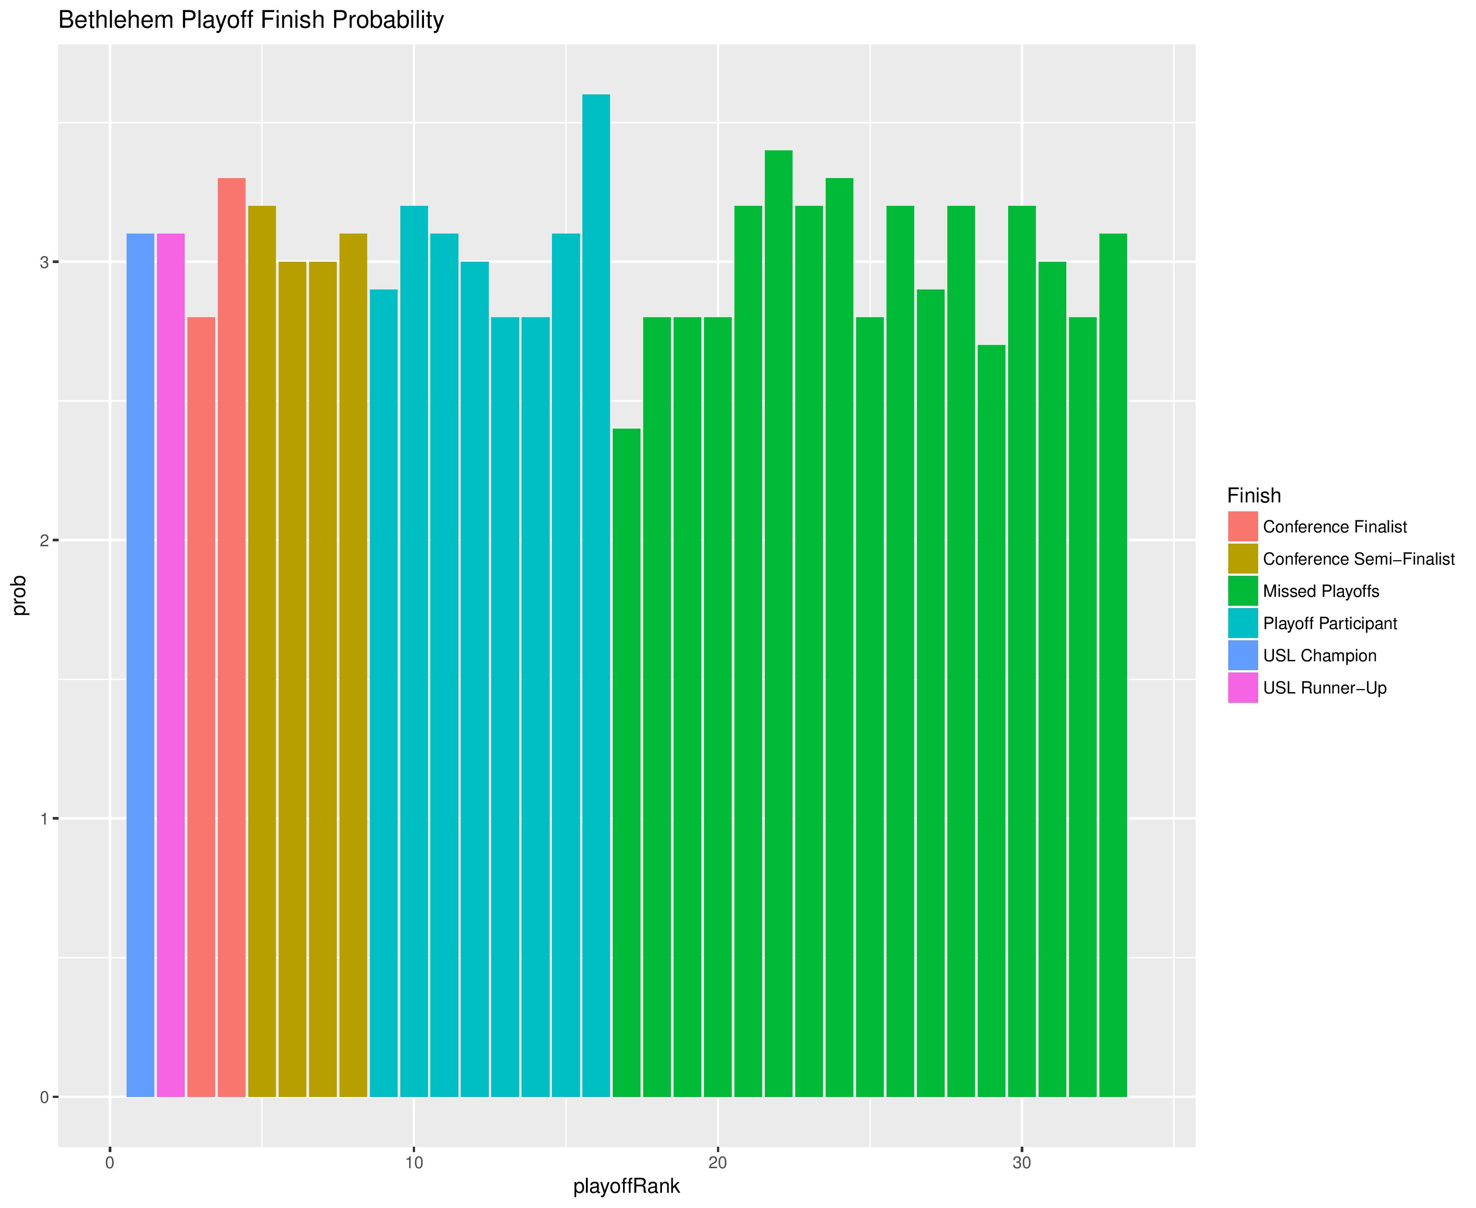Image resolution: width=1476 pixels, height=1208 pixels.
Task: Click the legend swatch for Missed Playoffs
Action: click(1242, 591)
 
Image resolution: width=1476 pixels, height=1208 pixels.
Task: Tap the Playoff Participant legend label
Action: click(1329, 624)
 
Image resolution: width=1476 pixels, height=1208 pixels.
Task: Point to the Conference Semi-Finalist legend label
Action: click(1358, 559)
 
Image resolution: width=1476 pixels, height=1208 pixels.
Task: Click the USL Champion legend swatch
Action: click(1242, 655)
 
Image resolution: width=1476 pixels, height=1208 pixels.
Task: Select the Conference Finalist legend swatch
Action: click(1242, 527)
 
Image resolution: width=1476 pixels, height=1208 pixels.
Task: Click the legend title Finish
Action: click(1253, 495)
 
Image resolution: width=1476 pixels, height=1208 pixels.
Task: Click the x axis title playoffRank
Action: click(626, 1186)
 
